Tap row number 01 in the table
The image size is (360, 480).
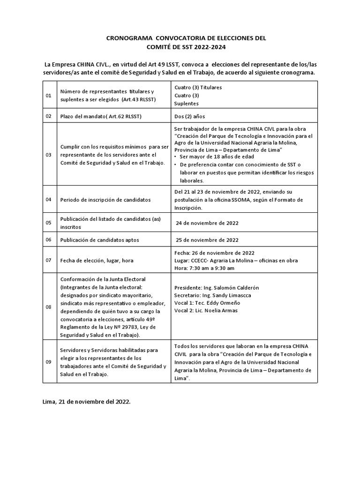[x=48, y=95]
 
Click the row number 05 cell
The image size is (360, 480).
[x=48, y=223]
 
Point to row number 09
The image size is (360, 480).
[x=48, y=362]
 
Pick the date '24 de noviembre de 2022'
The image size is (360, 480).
[x=207, y=223]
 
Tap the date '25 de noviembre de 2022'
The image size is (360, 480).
[x=207, y=240]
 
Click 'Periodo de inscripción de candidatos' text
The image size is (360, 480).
[x=105, y=200]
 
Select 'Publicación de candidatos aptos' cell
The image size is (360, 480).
[x=99, y=240]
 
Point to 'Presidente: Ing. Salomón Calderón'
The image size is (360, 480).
[x=216, y=287]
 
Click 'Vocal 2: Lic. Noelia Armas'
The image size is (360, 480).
[x=205, y=310]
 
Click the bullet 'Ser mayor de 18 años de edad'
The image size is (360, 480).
[x=217, y=156]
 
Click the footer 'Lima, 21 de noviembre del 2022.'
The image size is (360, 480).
[x=87, y=402]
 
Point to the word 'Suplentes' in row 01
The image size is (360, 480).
[x=186, y=103]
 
